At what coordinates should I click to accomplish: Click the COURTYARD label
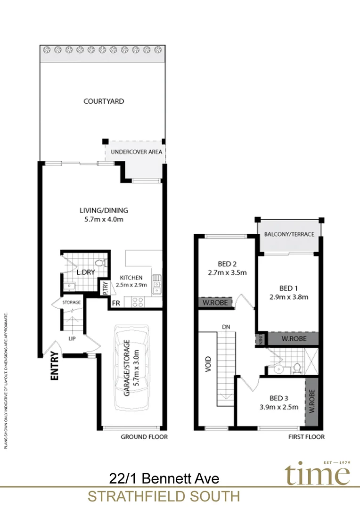click(104, 101)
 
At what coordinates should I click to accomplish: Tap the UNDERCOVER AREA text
click(136, 152)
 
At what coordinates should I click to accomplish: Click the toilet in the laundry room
click(99, 263)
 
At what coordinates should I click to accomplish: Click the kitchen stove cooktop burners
click(139, 302)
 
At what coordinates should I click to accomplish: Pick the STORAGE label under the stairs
click(72, 302)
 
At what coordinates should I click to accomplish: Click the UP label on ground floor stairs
click(72, 338)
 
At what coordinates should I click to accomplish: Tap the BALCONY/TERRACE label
click(289, 234)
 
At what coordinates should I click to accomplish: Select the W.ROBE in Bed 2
click(215, 303)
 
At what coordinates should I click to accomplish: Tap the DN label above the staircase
click(226, 327)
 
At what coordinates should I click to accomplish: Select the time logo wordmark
click(317, 474)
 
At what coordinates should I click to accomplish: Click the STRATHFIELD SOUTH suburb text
click(164, 497)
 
